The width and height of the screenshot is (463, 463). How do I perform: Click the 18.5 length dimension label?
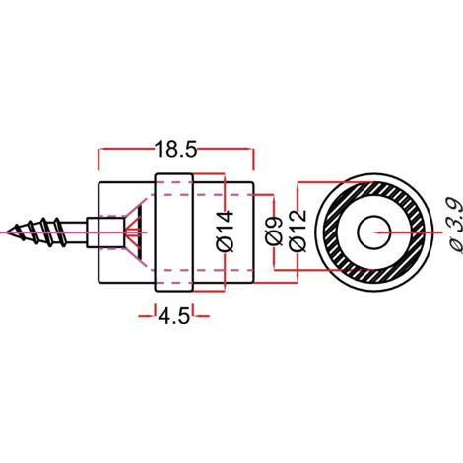175,150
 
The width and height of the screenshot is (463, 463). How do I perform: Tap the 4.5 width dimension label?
174,317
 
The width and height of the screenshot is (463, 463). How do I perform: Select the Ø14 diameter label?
226,231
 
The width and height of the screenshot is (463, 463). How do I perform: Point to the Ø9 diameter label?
274,231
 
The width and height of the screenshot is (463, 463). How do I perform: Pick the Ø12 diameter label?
298,231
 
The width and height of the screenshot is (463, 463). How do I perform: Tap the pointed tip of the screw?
7,232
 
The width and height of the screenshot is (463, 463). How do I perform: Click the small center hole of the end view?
373,232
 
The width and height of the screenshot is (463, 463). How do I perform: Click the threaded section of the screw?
37,232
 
